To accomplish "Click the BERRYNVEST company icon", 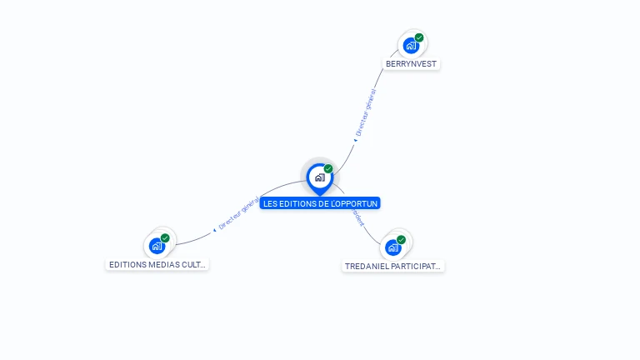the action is click(x=410, y=46).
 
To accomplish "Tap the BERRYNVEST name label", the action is click(x=412, y=64).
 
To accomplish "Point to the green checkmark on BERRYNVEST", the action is click(x=419, y=37).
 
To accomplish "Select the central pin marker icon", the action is click(x=319, y=177).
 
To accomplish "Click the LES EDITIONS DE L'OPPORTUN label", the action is click(x=320, y=203).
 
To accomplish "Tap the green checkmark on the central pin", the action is click(x=328, y=169).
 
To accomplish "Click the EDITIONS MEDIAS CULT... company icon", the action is click(x=157, y=246).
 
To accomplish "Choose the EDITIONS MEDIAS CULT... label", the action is click(x=157, y=265).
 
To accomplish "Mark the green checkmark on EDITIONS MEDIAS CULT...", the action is click(x=165, y=238).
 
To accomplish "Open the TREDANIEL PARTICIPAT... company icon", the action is click(x=393, y=247).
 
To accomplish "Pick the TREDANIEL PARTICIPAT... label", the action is click(x=393, y=267).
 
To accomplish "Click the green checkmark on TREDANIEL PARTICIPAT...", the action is click(x=402, y=240).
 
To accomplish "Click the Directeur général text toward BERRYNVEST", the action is click(x=367, y=110).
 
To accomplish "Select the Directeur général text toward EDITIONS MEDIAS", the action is click(x=238, y=214).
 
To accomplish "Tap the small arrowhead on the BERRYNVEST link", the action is click(x=355, y=140).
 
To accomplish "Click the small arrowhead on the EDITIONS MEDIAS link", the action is click(x=214, y=229).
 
